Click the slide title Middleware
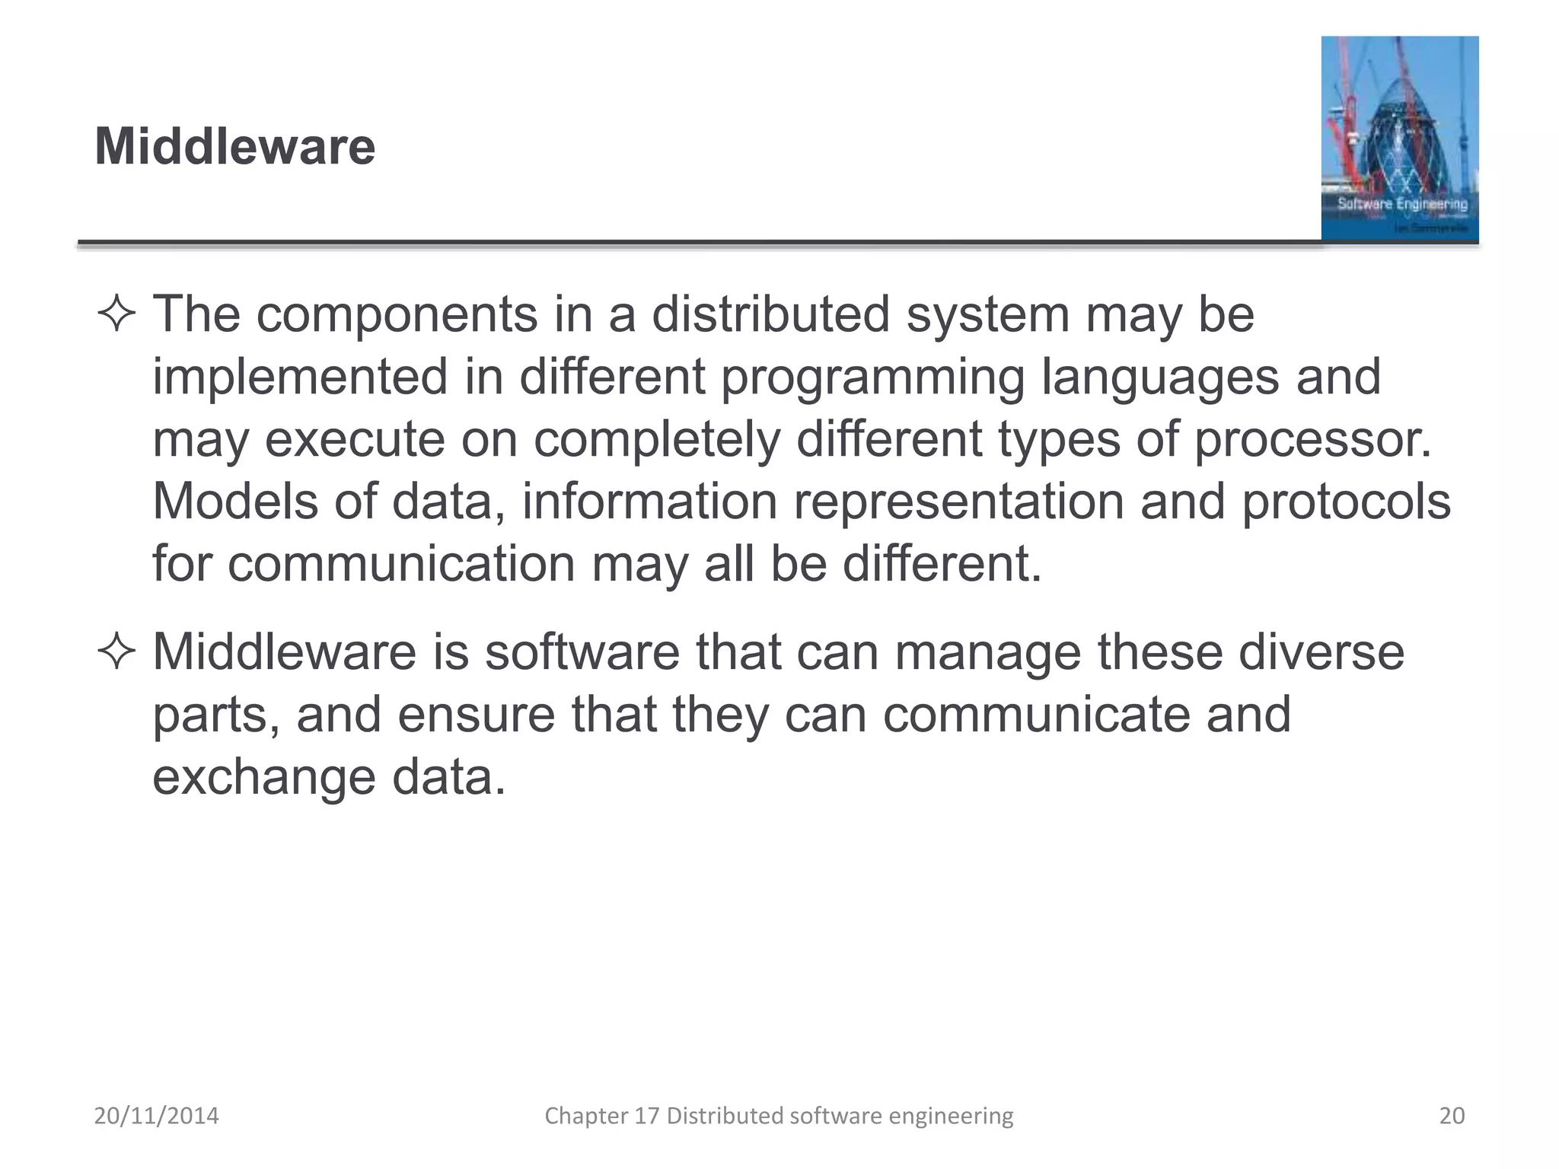coord(234,146)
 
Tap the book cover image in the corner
coord(1399,139)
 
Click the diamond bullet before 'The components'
coord(116,314)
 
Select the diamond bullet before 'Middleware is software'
coord(116,652)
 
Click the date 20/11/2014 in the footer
coord(156,1116)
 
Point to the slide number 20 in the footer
coord(1452,1116)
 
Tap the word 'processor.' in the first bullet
coord(1313,440)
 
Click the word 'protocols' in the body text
coord(1346,502)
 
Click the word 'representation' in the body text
coord(958,502)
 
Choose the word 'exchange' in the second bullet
coord(263,778)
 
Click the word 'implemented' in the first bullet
coord(300,377)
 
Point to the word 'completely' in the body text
coord(657,440)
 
